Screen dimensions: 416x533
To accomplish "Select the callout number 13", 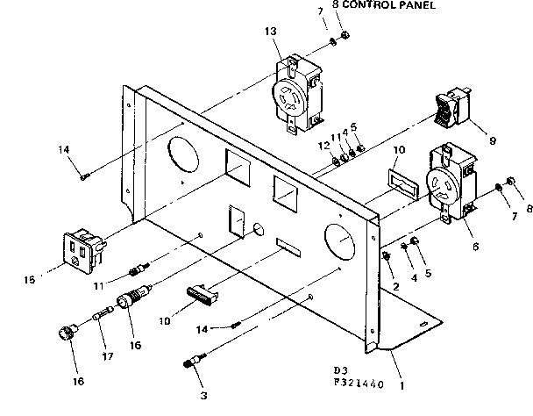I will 268,32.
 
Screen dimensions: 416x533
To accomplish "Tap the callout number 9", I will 493,139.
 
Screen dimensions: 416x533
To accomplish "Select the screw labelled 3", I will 195,363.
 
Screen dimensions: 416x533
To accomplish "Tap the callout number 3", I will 203,395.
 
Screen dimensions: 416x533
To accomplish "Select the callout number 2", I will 394,286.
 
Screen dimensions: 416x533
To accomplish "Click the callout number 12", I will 323,144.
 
